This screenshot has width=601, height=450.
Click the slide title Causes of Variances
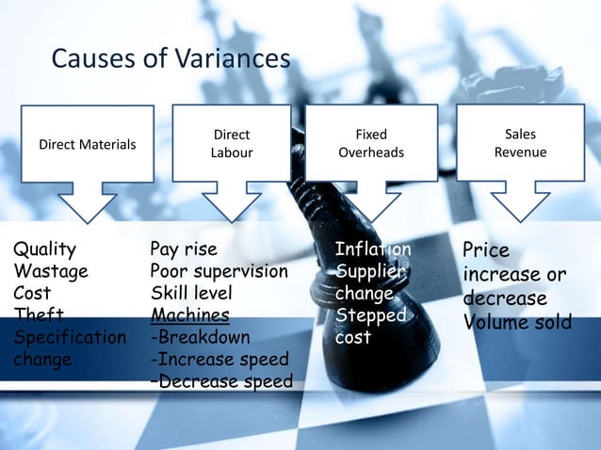(x=170, y=59)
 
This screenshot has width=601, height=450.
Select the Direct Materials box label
(x=87, y=144)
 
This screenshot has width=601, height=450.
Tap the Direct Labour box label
(x=231, y=143)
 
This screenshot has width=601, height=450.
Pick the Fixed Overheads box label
(x=371, y=143)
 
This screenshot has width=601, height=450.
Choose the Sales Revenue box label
(x=520, y=143)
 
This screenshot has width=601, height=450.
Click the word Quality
(x=44, y=249)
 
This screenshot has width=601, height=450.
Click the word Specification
(x=69, y=337)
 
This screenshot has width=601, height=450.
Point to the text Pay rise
(x=184, y=249)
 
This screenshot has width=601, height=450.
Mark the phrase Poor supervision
(x=219, y=271)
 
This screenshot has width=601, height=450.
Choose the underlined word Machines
(x=189, y=315)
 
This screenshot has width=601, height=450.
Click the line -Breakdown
(x=200, y=337)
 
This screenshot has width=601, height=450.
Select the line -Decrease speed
(x=221, y=381)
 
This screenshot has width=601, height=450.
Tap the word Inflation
(x=373, y=249)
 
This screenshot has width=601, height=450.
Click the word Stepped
(x=369, y=315)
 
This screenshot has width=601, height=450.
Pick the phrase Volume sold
(x=517, y=323)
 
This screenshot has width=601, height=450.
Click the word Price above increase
(x=486, y=250)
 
